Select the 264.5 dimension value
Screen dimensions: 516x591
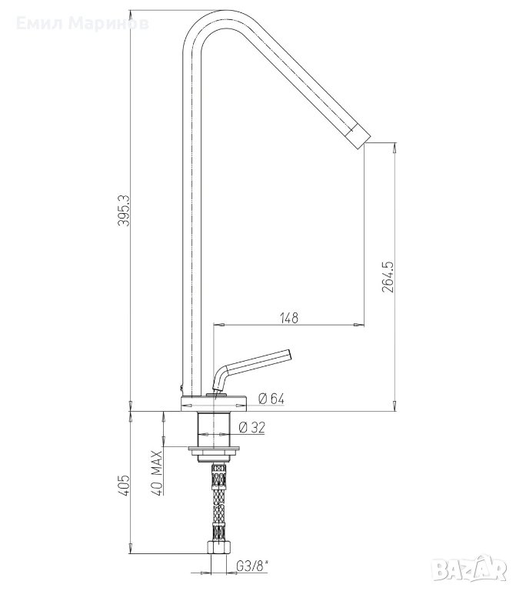(x=388, y=277)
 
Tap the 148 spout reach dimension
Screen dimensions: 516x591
(x=289, y=318)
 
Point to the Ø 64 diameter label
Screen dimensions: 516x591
(x=271, y=399)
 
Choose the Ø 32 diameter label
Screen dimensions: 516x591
(x=252, y=427)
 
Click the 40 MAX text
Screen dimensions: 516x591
(x=158, y=472)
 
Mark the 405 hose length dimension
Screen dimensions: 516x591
(x=125, y=485)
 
